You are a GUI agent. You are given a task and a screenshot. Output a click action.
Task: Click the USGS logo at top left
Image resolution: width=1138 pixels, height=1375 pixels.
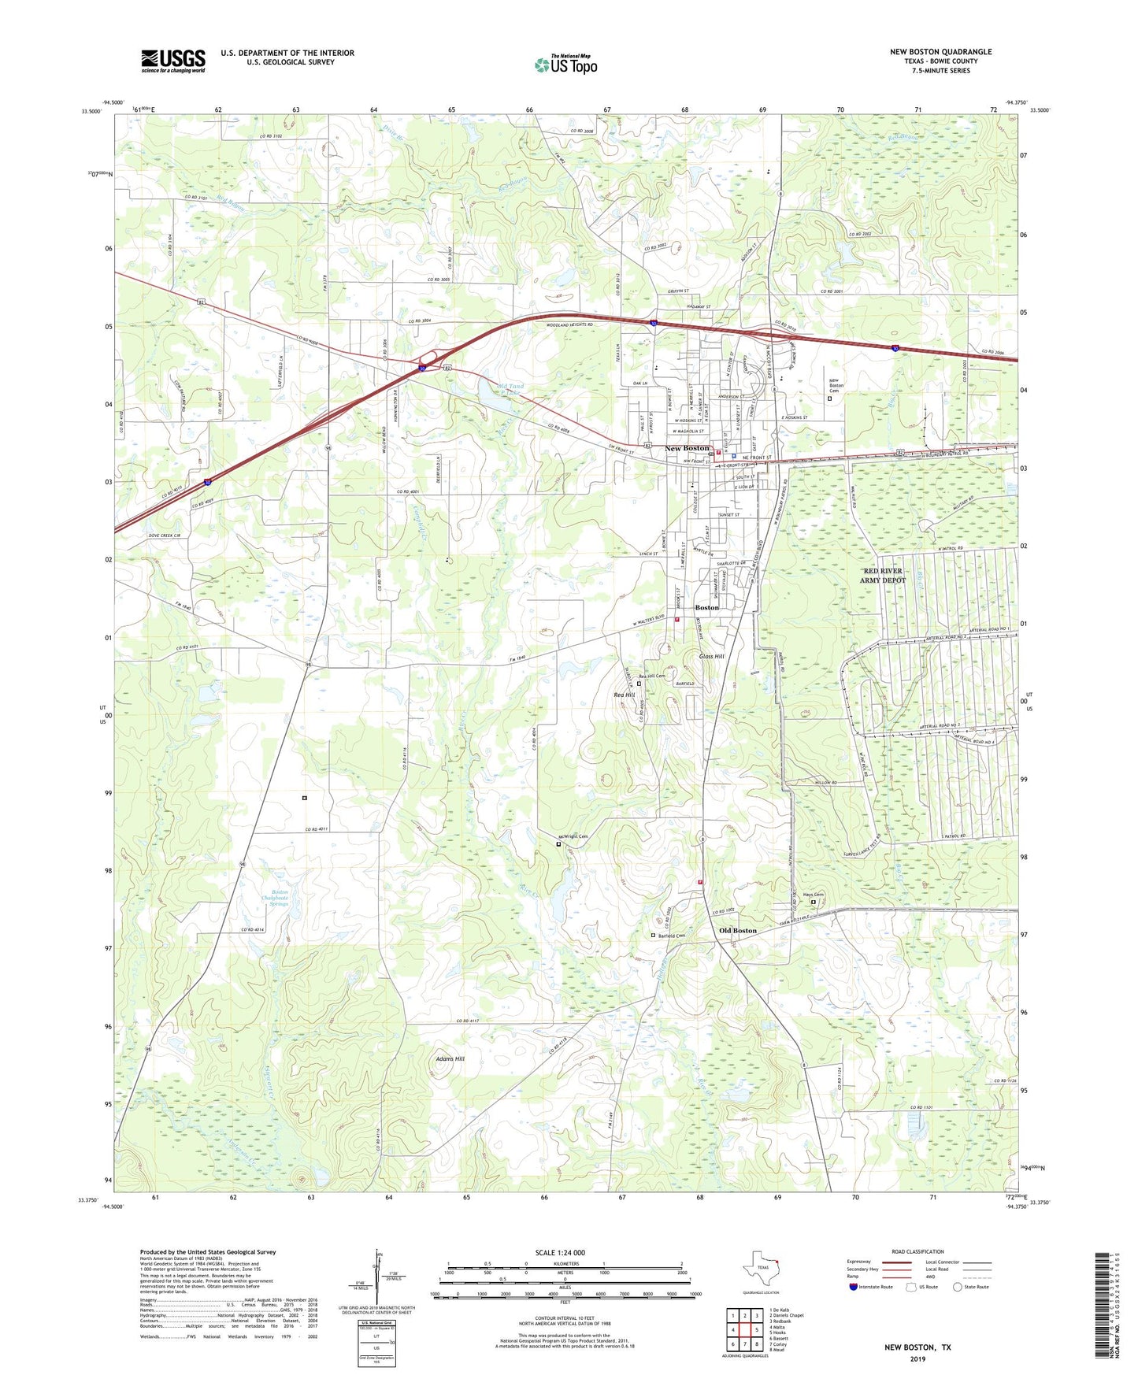pyautogui.click(x=173, y=61)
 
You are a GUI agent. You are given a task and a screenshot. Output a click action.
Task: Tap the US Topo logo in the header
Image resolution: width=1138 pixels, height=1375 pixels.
pyautogui.click(x=565, y=65)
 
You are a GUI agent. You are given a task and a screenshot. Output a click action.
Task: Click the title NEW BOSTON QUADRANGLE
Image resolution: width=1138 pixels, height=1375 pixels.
pyautogui.click(x=940, y=52)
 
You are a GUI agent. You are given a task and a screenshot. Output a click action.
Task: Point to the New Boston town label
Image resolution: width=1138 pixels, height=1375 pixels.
pyautogui.click(x=687, y=448)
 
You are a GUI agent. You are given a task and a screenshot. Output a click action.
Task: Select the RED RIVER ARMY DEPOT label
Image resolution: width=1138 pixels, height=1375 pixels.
pyautogui.click(x=882, y=575)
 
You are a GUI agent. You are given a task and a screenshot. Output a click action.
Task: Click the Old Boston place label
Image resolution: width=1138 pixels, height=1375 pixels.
pyautogui.click(x=737, y=931)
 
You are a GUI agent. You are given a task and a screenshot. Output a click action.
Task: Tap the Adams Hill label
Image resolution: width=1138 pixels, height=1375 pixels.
pyautogui.click(x=450, y=1059)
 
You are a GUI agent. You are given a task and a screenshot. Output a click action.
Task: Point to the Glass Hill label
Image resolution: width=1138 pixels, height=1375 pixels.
pyautogui.click(x=711, y=656)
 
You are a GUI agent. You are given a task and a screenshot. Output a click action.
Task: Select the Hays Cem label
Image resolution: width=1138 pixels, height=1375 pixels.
pyautogui.click(x=813, y=895)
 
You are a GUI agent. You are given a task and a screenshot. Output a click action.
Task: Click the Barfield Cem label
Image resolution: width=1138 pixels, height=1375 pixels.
pyautogui.click(x=671, y=936)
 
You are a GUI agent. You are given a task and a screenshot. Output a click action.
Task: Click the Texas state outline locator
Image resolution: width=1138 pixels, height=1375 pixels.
pyautogui.click(x=761, y=1269)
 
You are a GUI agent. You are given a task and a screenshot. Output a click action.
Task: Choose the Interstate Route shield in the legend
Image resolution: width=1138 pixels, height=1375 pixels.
pyautogui.click(x=854, y=1287)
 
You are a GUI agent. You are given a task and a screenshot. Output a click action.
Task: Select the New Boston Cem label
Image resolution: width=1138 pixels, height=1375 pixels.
pyautogui.click(x=836, y=385)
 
